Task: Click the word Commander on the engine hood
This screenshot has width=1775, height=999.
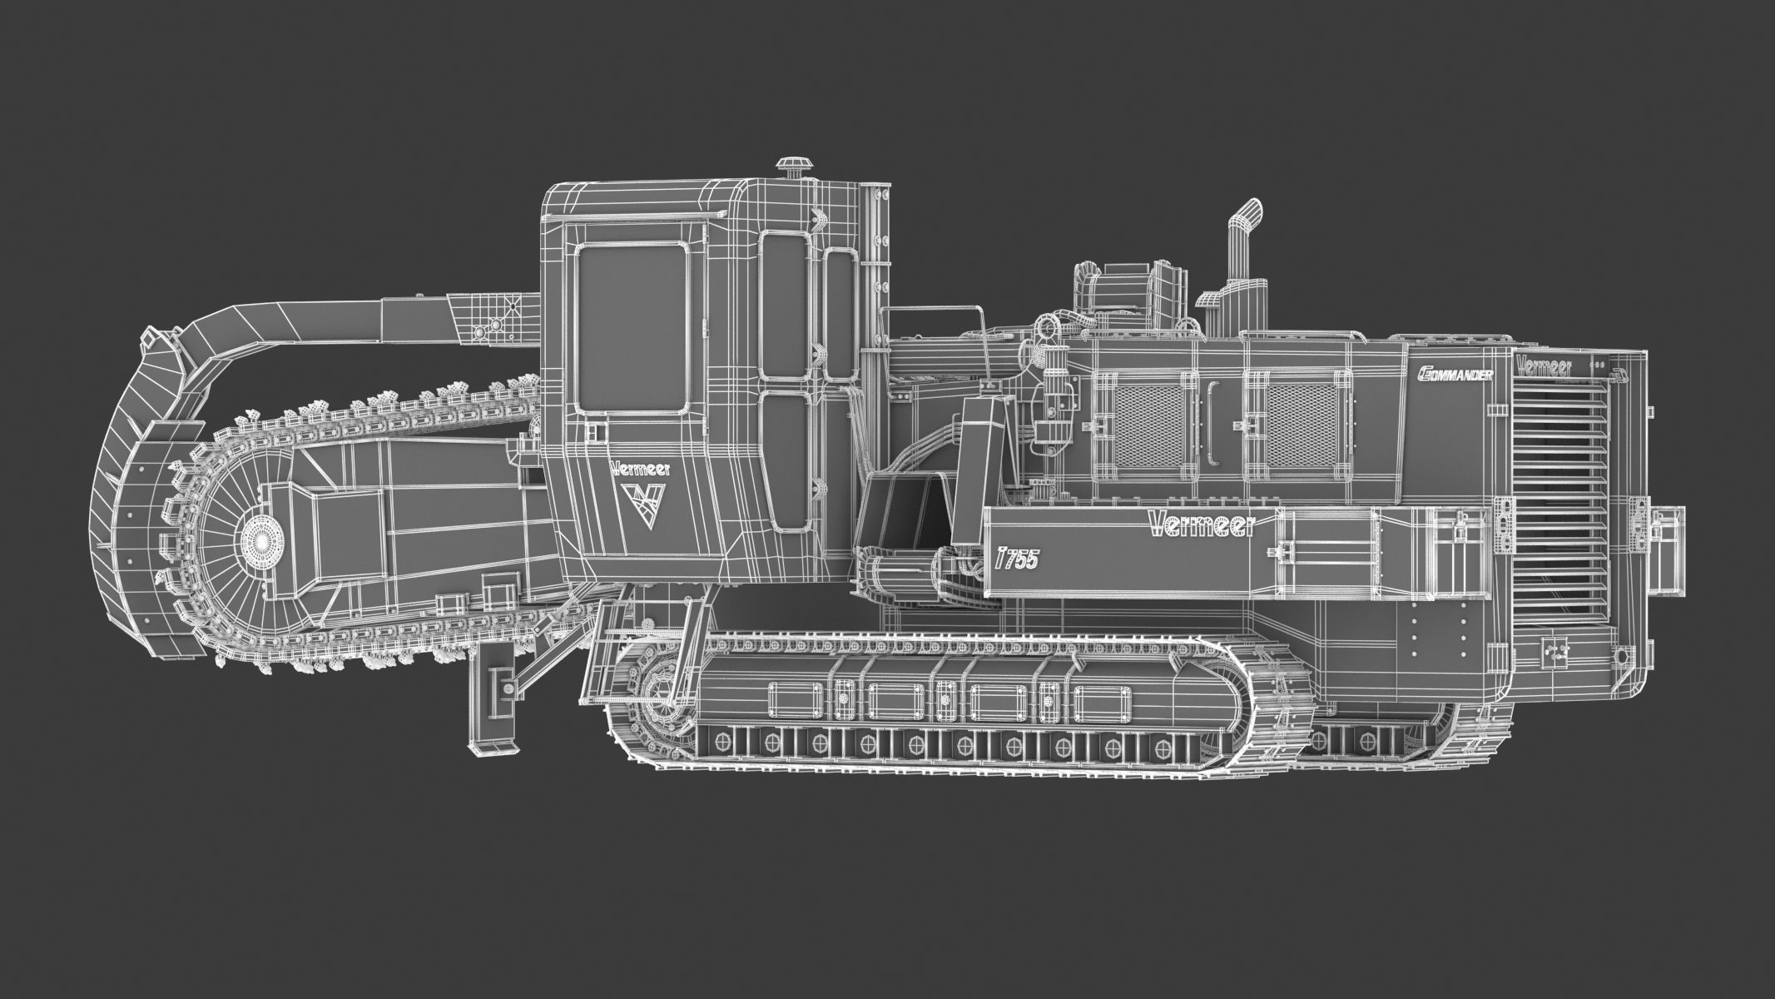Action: (x=1453, y=374)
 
